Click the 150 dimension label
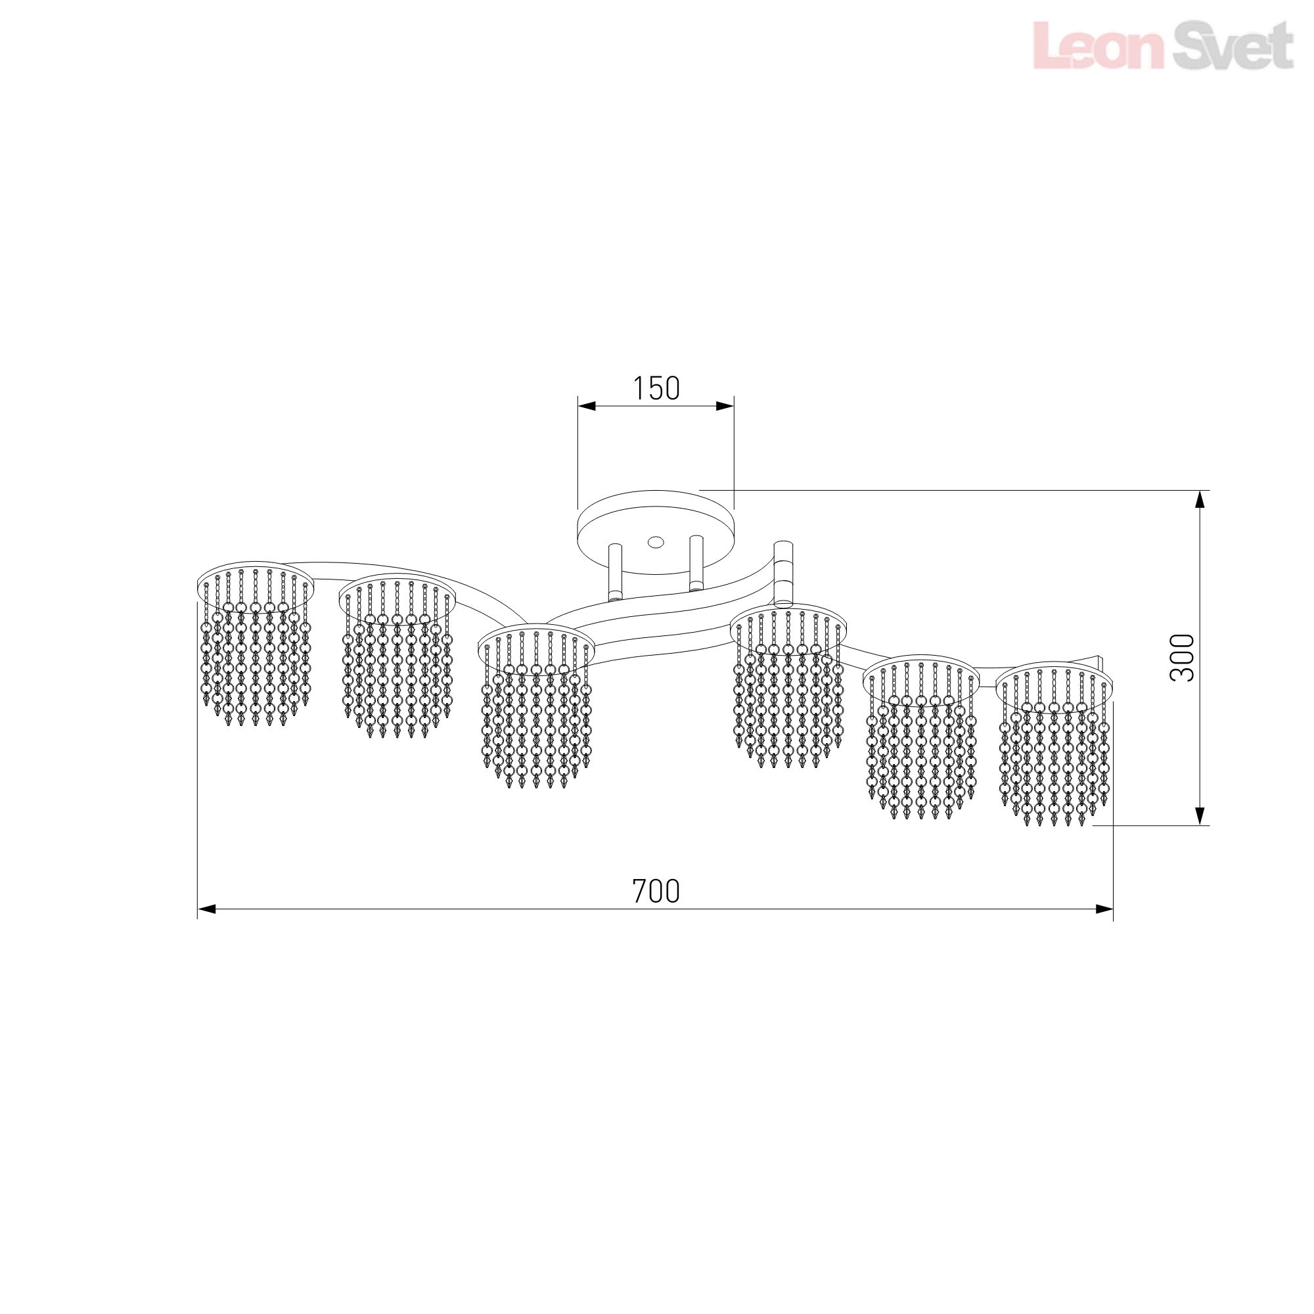(x=656, y=388)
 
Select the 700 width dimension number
(x=656, y=892)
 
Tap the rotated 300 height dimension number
(x=1183, y=657)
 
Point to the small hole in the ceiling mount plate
(x=656, y=542)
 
